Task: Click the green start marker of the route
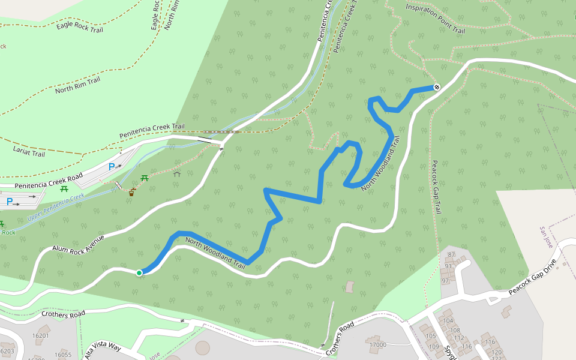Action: pos(139,273)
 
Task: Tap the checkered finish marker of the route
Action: pos(437,87)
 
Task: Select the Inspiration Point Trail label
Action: pos(435,18)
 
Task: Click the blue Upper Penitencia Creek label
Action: pos(56,206)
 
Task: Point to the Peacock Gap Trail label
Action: pos(437,188)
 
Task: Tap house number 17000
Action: pos(377,344)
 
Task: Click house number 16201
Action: pos(41,336)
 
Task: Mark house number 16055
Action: pos(63,355)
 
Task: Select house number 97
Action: pos(445,281)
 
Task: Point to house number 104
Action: pos(448,321)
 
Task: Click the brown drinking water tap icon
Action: pos(131,193)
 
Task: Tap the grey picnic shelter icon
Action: pos(177,174)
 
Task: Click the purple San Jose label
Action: pos(546,238)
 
